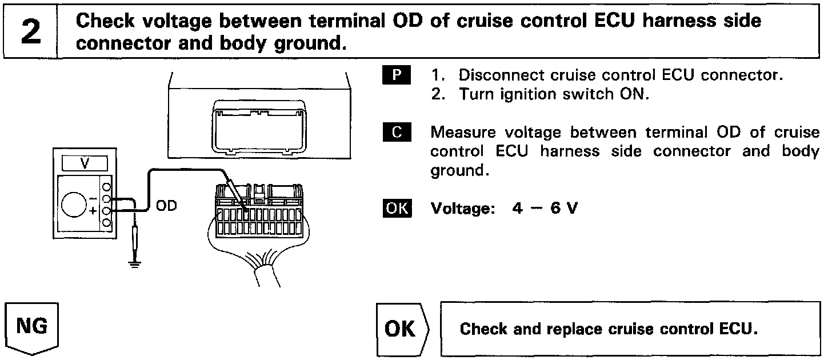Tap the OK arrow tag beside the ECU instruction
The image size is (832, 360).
coord(402,330)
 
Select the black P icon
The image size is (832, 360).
coord(393,75)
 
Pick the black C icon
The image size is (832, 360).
coord(393,133)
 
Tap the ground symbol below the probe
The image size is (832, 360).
coord(135,264)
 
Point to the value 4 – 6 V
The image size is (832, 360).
coord(545,209)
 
